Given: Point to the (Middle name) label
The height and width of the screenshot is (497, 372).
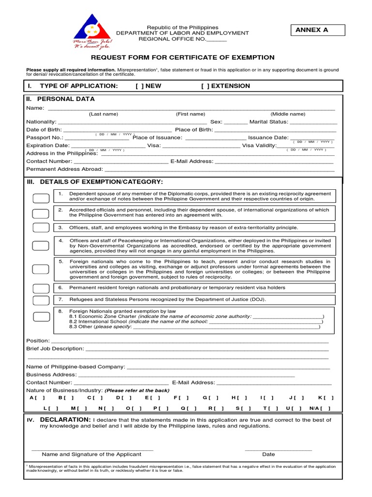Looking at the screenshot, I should [x=288, y=114].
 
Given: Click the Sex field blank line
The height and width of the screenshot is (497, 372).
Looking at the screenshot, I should [x=235, y=122].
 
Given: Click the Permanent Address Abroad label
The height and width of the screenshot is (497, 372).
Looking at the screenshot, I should [x=64, y=169].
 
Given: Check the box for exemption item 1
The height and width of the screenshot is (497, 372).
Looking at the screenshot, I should [x=41, y=198].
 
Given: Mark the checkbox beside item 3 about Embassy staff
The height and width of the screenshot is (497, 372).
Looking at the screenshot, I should [x=41, y=228].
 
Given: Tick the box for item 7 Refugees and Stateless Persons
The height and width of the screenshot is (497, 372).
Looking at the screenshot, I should [x=41, y=300].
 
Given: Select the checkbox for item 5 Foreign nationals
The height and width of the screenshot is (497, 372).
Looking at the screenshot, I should [x=41, y=269].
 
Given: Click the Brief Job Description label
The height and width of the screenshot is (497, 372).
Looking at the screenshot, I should [x=55, y=349].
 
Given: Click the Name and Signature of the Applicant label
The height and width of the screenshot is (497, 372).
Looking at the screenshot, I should [x=92, y=454].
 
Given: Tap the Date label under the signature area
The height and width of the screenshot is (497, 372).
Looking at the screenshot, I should [x=268, y=454].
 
